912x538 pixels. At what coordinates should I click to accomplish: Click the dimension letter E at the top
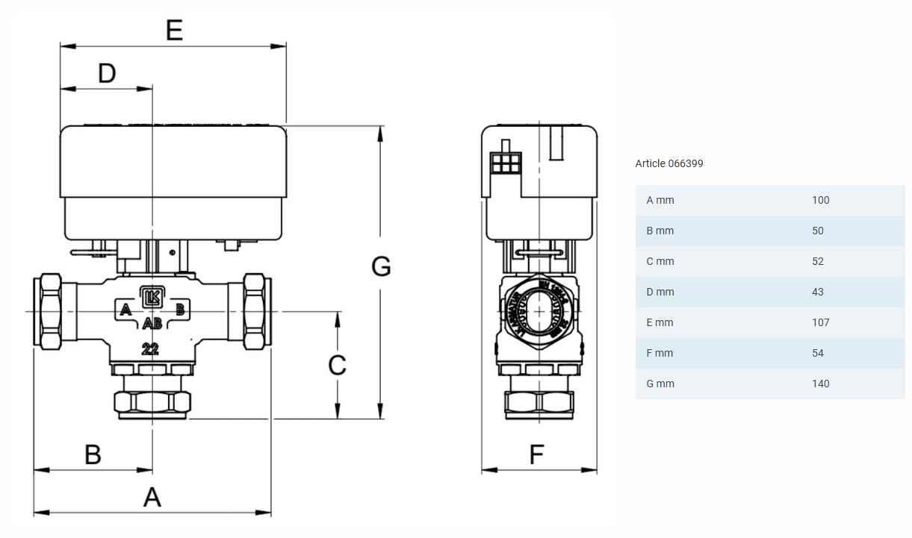click(x=173, y=31)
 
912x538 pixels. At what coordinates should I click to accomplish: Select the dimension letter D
click(x=107, y=73)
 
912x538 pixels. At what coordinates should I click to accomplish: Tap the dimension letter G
click(x=381, y=266)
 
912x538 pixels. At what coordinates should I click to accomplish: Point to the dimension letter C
click(x=337, y=365)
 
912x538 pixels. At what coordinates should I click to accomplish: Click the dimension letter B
click(x=93, y=454)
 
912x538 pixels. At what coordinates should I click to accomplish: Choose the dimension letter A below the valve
click(x=152, y=496)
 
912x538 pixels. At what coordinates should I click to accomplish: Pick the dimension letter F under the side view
click(x=536, y=454)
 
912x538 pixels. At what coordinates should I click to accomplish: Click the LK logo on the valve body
click(x=152, y=297)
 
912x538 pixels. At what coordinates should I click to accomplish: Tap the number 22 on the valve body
click(x=150, y=348)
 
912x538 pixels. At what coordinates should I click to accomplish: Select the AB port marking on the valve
click(x=152, y=324)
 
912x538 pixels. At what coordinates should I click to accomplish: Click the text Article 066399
click(x=669, y=163)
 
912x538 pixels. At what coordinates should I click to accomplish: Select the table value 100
click(x=820, y=200)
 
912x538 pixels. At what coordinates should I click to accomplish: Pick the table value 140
click(x=820, y=384)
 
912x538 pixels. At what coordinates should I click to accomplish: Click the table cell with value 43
click(x=817, y=292)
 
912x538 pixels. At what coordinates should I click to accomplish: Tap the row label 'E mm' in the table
click(x=660, y=322)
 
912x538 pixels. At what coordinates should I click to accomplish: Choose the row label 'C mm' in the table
click(x=660, y=261)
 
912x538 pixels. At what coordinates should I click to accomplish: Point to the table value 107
click(x=820, y=322)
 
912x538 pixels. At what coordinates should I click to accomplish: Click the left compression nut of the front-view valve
click(x=49, y=311)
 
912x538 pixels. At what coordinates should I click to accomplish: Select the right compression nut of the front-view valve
click(x=255, y=311)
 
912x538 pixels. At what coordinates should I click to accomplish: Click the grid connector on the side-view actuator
click(x=506, y=163)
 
